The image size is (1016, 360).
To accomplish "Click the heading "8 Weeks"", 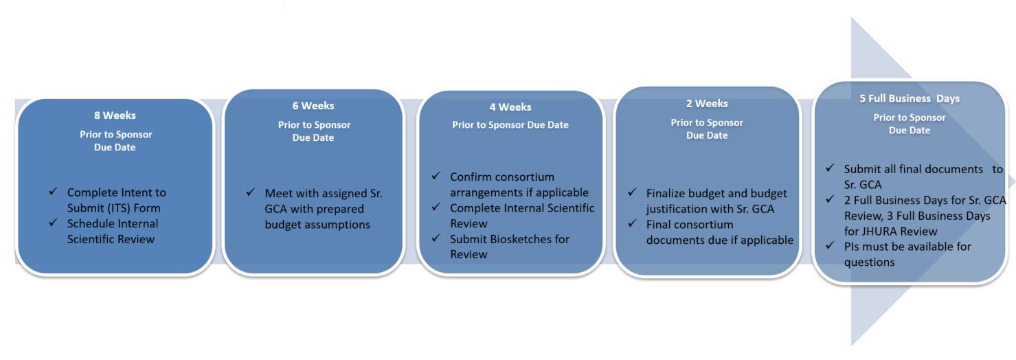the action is [115, 115].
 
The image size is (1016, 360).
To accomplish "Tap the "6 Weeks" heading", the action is [313, 106].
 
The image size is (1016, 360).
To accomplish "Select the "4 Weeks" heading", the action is [510, 107].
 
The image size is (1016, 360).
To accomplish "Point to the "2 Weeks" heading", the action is [707, 103].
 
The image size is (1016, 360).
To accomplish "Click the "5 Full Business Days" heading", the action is [910, 98].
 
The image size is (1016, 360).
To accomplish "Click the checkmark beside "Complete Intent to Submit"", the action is [53, 191].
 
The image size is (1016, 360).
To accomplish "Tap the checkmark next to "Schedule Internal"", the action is [53, 223].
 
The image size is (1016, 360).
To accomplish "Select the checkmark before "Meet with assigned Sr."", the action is [250, 192].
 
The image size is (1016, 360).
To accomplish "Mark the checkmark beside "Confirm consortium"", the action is [436, 175].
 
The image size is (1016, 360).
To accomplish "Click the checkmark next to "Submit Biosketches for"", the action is [436, 238].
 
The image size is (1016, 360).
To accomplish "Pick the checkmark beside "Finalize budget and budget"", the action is [632, 192].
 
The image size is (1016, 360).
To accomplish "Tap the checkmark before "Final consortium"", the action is [632, 223].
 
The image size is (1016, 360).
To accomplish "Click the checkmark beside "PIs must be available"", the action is [830, 245].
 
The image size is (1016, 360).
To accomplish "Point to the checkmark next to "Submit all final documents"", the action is [830, 168].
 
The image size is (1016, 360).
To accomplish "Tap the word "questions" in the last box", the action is [870, 262].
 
